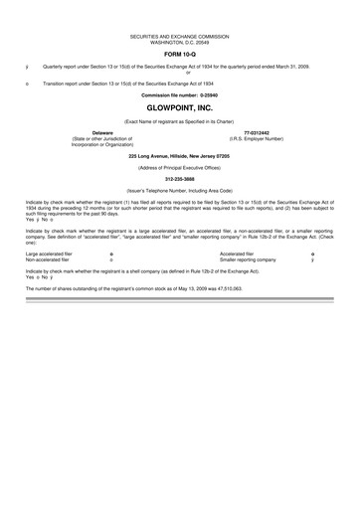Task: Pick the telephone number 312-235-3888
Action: coord(180,179)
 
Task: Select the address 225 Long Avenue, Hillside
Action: coord(180,155)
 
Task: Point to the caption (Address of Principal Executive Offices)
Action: coord(180,167)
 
